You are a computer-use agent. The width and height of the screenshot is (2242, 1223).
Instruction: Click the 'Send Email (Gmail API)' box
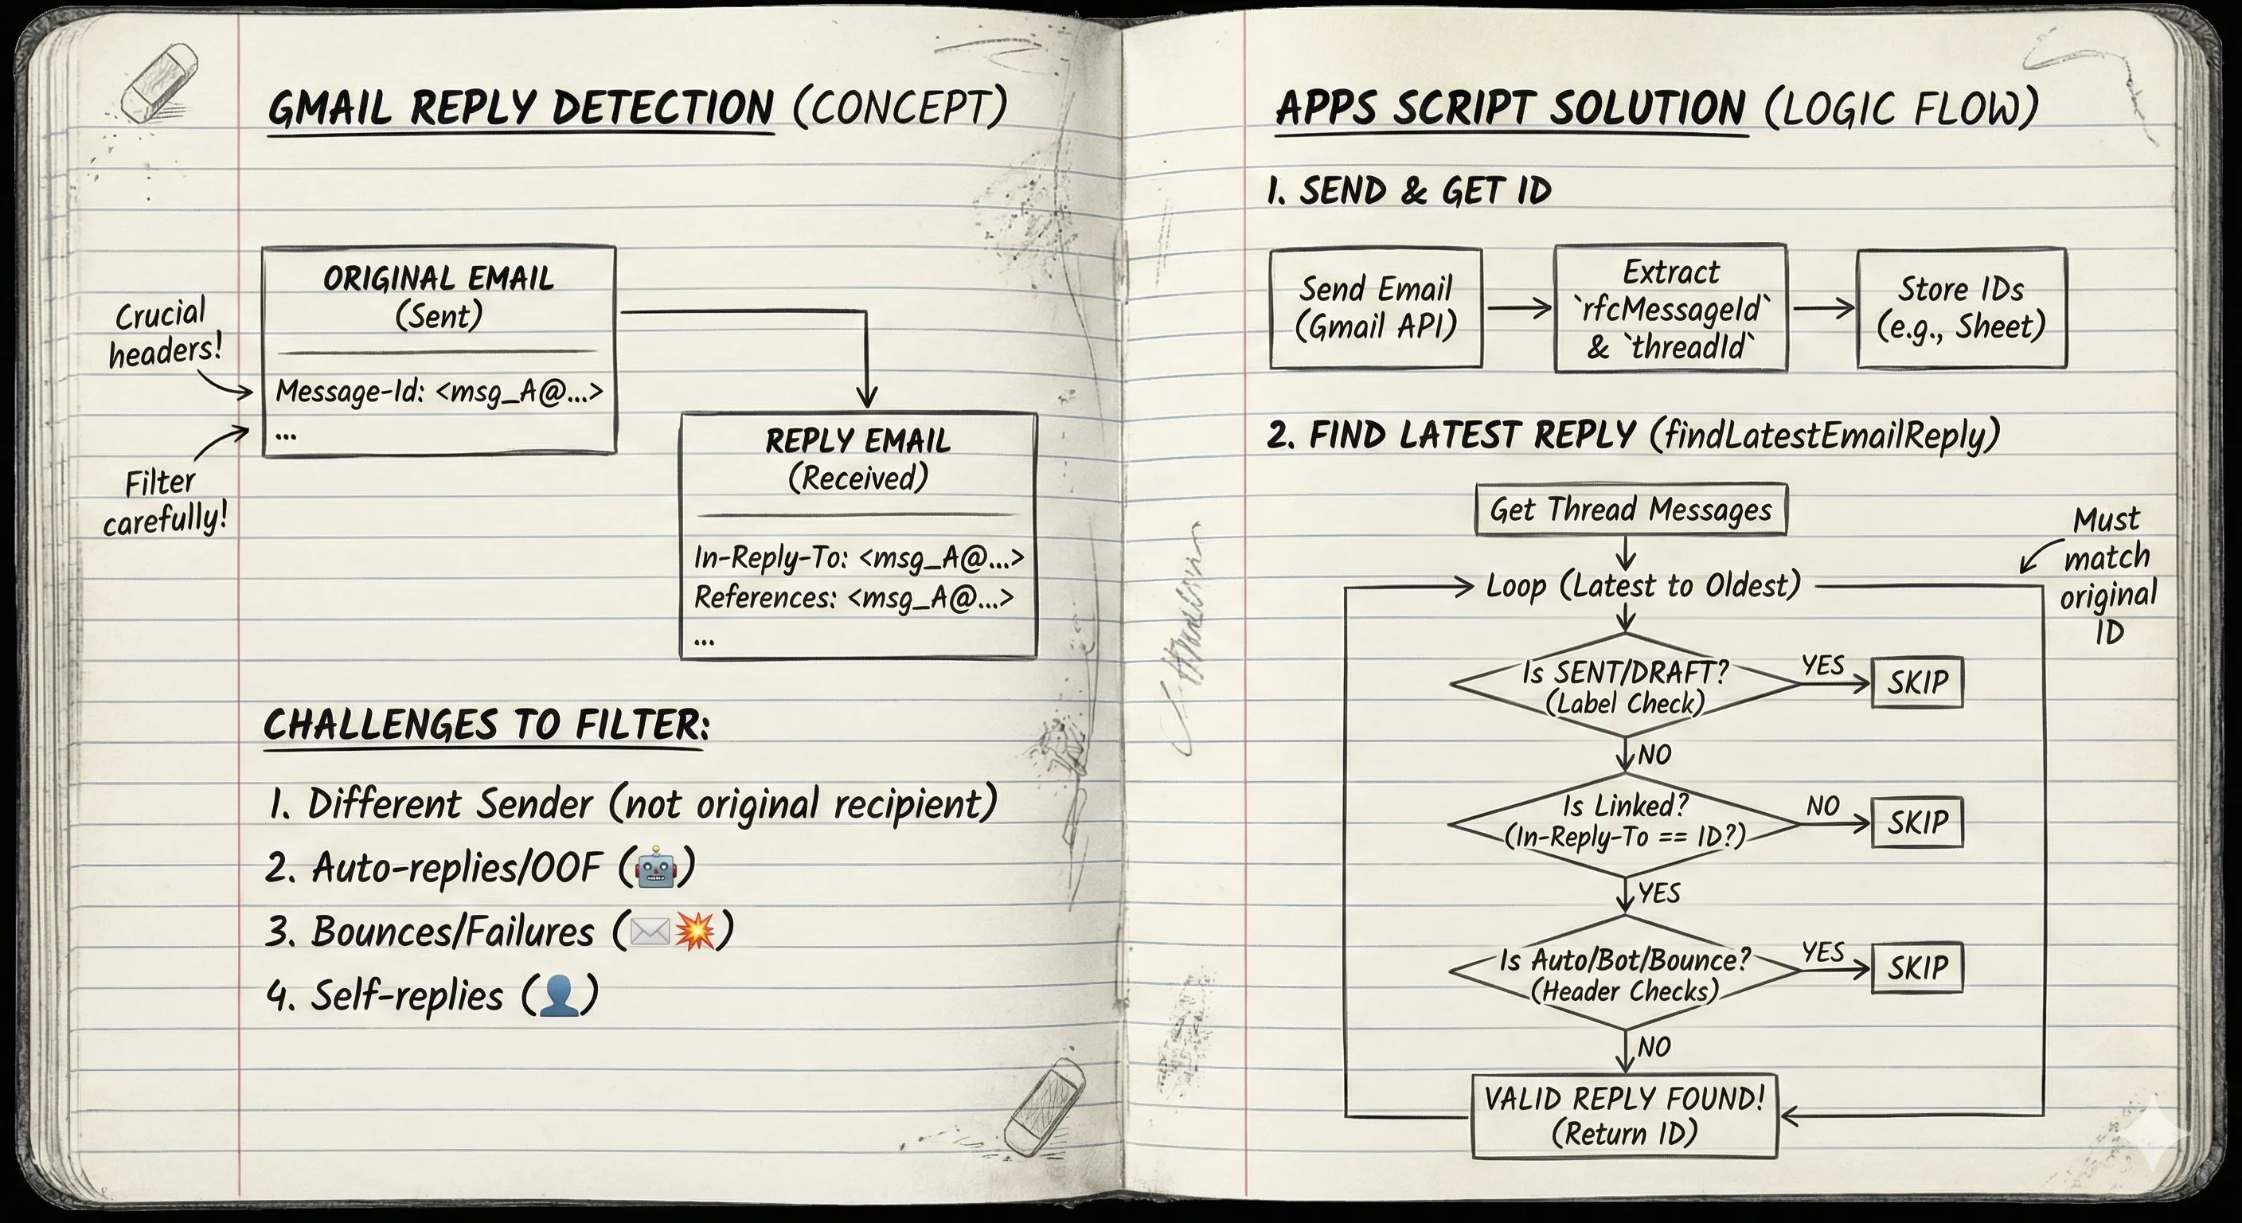tap(1375, 308)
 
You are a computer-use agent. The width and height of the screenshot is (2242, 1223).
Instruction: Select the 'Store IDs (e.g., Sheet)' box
tap(1961, 308)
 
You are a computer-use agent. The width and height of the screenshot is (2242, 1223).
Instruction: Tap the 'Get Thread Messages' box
tap(1631, 510)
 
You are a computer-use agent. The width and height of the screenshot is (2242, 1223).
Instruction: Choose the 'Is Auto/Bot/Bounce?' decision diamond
tap(1624, 974)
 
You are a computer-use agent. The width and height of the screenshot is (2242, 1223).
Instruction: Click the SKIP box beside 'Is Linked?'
tap(1917, 822)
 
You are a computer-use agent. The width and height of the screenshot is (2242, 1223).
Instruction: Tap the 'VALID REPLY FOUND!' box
tap(1624, 1116)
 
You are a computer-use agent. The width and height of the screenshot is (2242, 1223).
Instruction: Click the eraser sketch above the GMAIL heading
tap(159, 84)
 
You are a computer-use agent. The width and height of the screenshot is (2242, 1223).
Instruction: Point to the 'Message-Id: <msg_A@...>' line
tap(439, 392)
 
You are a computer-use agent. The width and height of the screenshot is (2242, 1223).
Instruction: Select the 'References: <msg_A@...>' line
tap(853, 598)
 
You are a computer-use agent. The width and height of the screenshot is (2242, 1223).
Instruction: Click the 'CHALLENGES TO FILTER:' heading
tap(486, 725)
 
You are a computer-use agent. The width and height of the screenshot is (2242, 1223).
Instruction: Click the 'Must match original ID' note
tap(2108, 576)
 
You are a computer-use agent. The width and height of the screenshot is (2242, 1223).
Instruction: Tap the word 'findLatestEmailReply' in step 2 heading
tap(1824, 436)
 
